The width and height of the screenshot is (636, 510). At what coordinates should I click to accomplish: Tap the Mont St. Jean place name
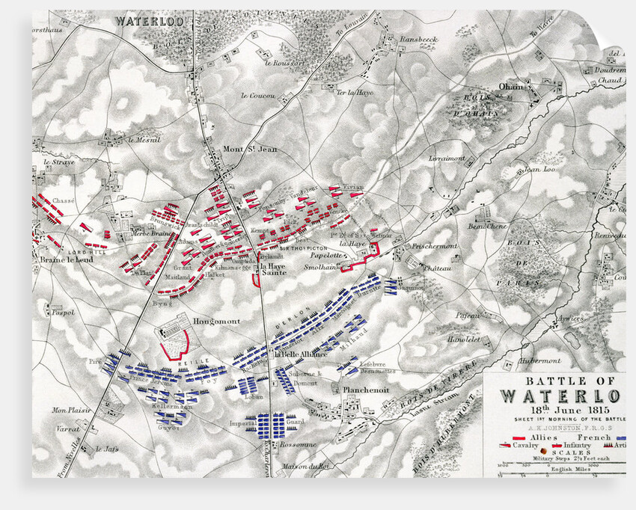tap(250, 149)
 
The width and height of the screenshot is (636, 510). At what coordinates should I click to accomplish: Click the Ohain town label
tap(512, 87)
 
